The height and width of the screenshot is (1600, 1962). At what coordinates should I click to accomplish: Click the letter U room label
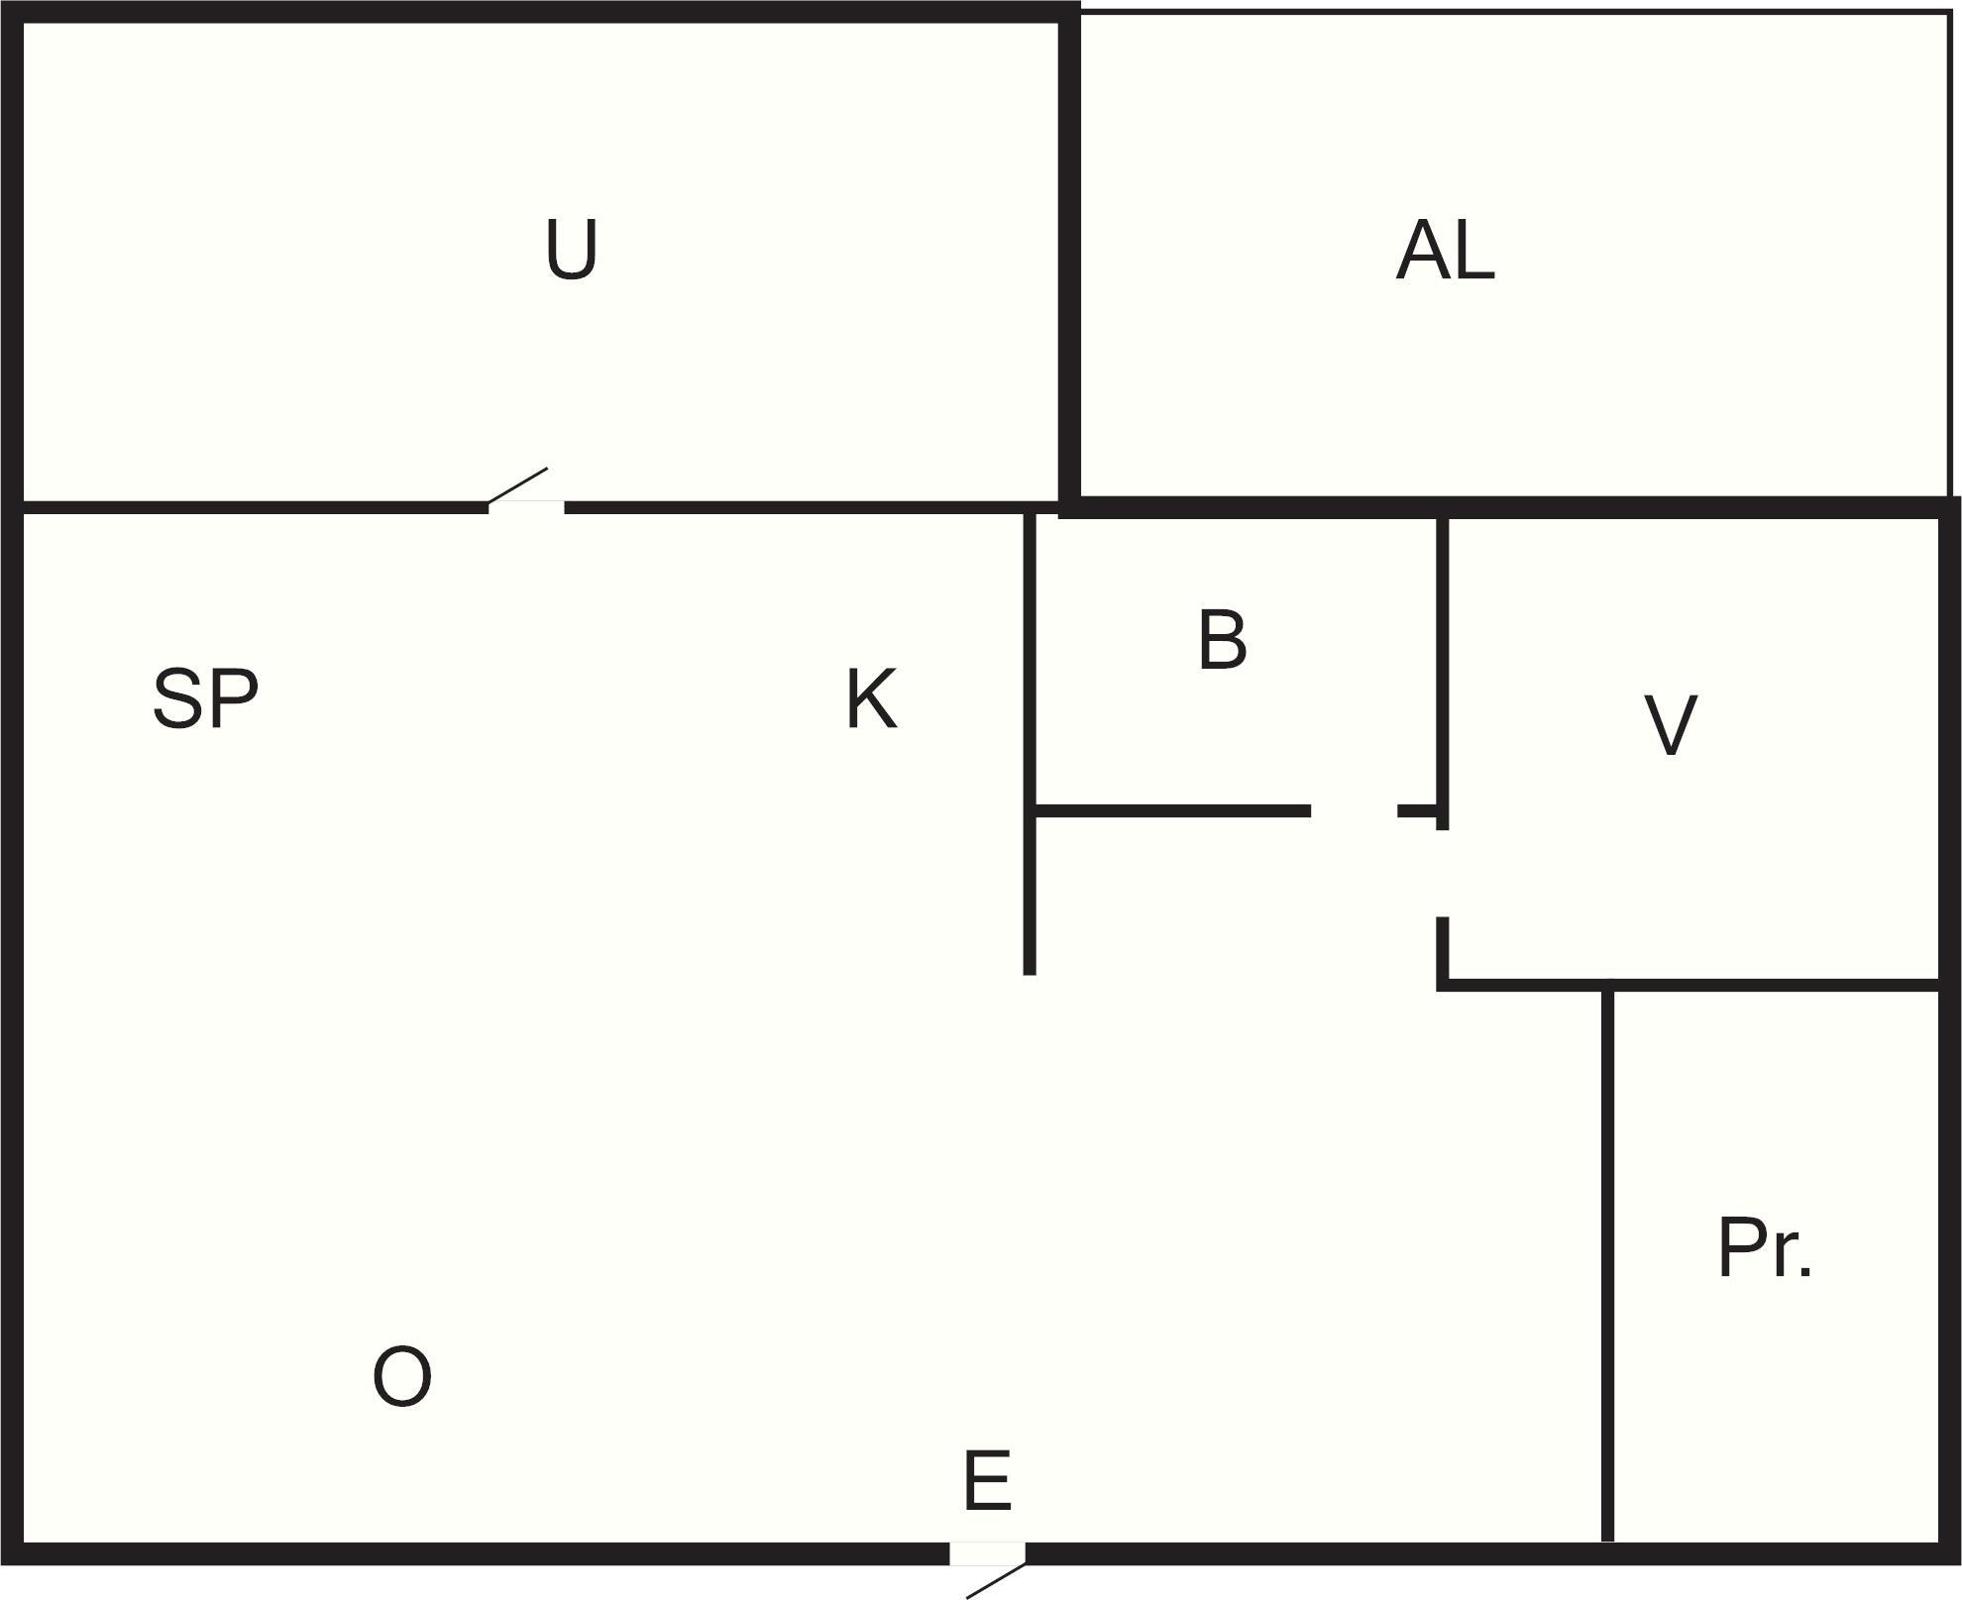pyautogui.click(x=572, y=249)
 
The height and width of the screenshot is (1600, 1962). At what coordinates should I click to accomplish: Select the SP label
pyautogui.click(x=205, y=699)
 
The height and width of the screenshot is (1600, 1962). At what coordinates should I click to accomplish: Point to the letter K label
pyautogui.click(x=871, y=699)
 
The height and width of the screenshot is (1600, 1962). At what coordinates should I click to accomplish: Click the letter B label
pyautogui.click(x=1222, y=640)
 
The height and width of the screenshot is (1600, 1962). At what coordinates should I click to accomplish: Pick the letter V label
pyautogui.click(x=1670, y=725)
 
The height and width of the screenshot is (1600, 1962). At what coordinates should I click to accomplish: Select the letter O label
pyautogui.click(x=401, y=1376)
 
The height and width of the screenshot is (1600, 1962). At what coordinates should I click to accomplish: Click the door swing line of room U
pyautogui.click(x=517, y=486)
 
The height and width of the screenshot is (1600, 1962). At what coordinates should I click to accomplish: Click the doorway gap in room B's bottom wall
pyautogui.click(x=1354, y=811)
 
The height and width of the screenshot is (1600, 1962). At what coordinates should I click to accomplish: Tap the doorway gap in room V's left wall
pyautogui.click(x=1443, y=874)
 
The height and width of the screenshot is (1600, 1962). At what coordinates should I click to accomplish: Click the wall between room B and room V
pyautogui.click(x=1443, y=674)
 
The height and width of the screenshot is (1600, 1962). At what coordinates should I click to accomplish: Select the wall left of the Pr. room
pyautogui.click(x=1607, y=1263)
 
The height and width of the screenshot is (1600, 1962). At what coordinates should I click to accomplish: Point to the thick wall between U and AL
pyautogui.click(x=1068, y=260)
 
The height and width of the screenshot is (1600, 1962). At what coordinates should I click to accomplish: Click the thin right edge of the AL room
pyautogui.click(x=1948, y=255)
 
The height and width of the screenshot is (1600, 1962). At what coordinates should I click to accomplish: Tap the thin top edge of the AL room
pyautogui.click(x=1515, y=12)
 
